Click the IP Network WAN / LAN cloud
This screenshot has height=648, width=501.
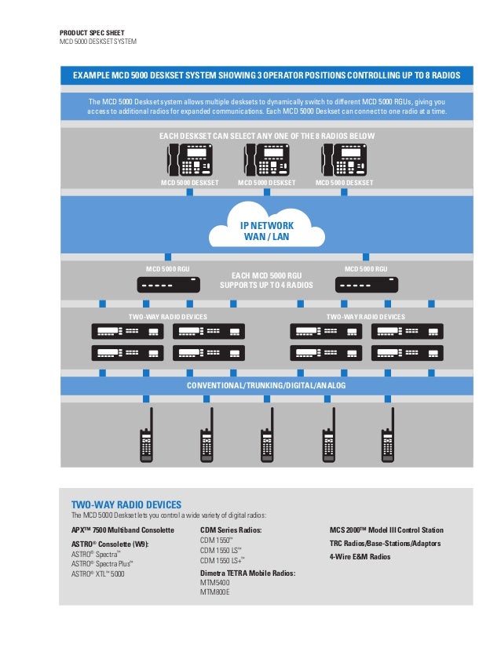(266, 228)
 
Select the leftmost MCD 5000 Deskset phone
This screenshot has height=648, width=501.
(188, 162)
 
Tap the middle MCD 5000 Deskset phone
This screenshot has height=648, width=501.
(266, 162)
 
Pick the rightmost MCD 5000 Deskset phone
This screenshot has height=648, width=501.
(343, 162)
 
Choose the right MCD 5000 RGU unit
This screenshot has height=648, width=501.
(366, 285)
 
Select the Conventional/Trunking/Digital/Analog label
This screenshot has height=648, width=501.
(266, 387)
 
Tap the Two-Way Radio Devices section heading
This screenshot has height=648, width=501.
(126, 504)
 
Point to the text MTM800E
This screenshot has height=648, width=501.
(221, 592)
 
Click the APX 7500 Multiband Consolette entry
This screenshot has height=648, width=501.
(123, 530)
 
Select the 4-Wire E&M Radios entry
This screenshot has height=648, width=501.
(360, 556)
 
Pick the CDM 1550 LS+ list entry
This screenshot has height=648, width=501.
(223, 560)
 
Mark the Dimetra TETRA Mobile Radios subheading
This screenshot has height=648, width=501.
(247, 573)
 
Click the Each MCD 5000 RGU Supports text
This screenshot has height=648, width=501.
(266, 280)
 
